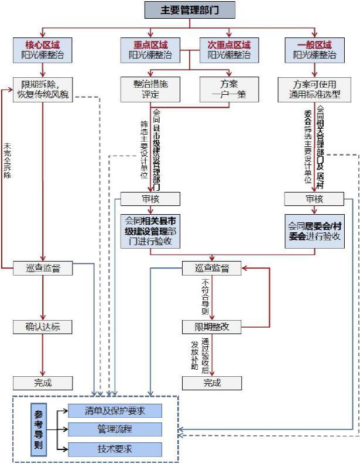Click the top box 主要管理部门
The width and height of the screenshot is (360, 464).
click(190, 10)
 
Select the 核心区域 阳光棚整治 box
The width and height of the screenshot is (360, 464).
click(42, 50)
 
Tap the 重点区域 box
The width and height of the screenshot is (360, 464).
click(150, 50)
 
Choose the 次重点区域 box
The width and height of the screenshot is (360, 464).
click(229, 50)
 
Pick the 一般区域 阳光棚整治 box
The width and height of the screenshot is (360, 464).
click(314, 50)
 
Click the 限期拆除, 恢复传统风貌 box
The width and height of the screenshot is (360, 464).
click(43, 89)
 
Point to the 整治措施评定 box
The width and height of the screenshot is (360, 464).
click(150, 89)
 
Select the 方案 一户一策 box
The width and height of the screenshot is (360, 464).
click(229, 89)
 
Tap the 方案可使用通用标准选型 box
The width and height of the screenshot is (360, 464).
click(314, 89)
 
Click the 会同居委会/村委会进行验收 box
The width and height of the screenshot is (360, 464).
click(314, 231)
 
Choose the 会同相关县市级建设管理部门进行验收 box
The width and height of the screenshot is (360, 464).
click(150, 231)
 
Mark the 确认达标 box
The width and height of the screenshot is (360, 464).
click(43, 326)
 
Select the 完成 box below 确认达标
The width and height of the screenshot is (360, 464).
click(43, 383)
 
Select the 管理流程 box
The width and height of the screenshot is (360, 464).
click(115, 429)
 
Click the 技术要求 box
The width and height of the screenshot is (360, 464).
click(115, 449)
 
